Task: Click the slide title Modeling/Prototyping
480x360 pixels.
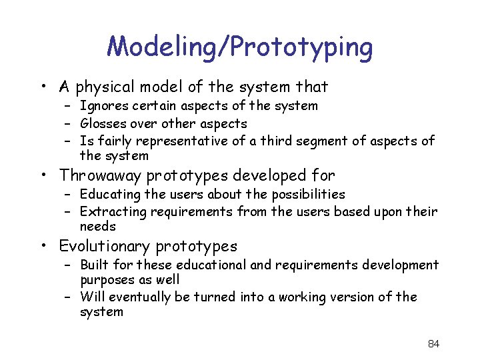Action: tap(240, 47)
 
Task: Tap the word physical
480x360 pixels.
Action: tap(106, 87)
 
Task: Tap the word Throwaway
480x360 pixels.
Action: tap(101, 176)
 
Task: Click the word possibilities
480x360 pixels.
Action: tap(304, 195)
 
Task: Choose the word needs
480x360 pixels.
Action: tap(97, 227)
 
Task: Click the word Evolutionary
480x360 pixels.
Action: tap(105, 247)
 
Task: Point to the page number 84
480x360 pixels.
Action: tap(433, 344)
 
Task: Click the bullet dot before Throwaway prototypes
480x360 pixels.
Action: tap(45, 176)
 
